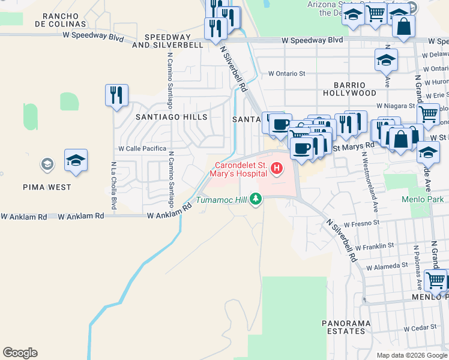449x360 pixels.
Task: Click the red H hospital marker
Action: click(277, 169)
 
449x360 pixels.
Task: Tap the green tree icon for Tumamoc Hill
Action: click(256, 199)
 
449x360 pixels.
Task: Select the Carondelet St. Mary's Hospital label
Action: click(238, 169)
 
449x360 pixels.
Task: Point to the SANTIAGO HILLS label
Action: click(171, 118)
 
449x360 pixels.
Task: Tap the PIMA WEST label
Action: click(47, 187)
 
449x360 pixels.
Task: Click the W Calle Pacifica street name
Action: click(142, 148)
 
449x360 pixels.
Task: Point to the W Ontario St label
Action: click(287, 73)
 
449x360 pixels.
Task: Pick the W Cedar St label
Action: click(419, 329)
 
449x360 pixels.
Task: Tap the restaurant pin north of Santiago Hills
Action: click(116, 95)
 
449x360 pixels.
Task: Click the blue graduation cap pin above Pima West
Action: click(76, 160)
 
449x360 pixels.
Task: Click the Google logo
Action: click(20, 353)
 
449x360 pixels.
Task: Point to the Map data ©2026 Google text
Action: click(411, 355)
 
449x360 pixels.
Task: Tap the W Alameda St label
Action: click(387, 266)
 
